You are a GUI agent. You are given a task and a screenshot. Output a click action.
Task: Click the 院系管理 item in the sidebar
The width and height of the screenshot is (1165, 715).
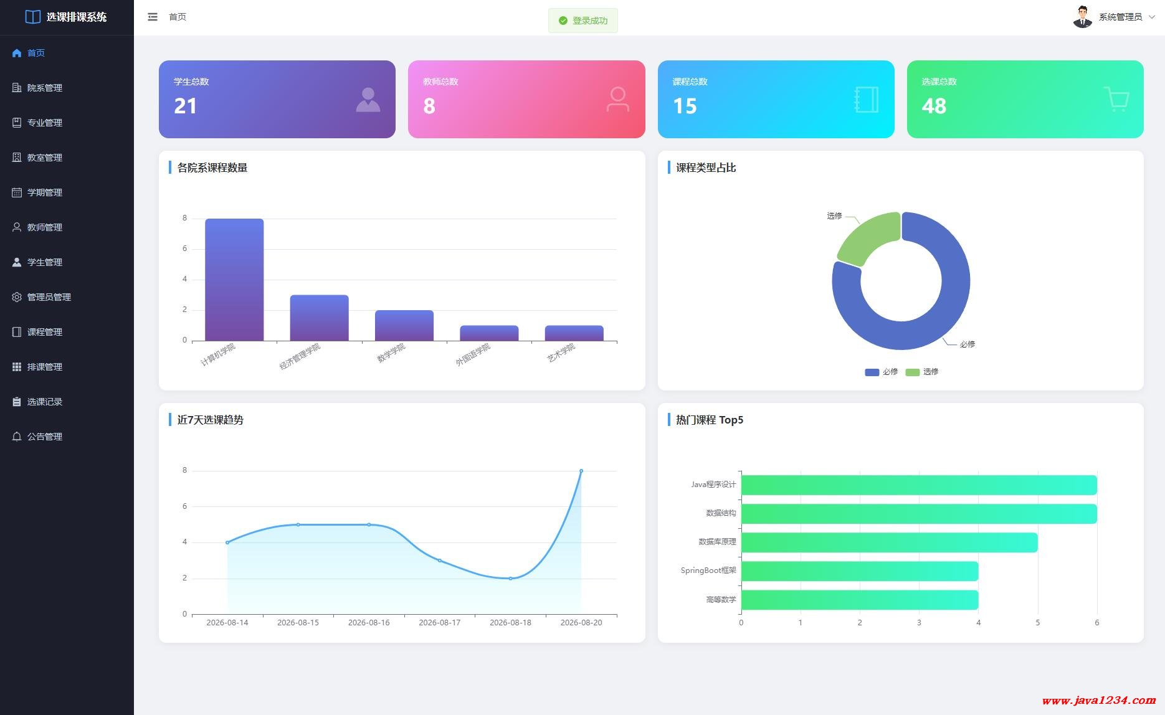37,88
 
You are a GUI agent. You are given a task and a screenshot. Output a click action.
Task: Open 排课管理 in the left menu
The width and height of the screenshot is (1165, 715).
37,367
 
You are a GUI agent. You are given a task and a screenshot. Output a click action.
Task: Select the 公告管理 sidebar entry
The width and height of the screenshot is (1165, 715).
37,437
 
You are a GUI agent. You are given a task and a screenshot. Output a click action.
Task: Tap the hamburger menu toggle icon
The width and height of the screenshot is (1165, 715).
153,17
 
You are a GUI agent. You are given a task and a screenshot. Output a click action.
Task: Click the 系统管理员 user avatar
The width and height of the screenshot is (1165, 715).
1083,17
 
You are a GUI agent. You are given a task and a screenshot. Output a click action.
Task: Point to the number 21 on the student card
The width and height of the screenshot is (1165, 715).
185,106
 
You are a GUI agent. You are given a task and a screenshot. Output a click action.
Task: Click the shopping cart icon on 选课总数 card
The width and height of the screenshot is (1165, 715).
1116,99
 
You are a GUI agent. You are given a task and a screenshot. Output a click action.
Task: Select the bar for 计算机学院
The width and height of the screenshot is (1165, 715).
234,280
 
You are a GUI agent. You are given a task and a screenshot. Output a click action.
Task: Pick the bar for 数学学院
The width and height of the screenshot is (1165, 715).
404,325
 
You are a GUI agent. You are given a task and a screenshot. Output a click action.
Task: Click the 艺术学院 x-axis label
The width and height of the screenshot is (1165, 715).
561,353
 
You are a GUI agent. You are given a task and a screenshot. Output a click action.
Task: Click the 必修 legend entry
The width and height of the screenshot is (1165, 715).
882,372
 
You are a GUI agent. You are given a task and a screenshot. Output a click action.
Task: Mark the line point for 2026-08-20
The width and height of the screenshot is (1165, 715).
581,471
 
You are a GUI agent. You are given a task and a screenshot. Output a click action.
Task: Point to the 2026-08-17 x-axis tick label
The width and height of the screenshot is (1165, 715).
440,623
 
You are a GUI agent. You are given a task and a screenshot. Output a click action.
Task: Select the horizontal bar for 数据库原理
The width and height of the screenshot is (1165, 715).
889,542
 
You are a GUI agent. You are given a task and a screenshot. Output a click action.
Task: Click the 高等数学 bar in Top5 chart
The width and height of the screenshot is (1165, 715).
860,600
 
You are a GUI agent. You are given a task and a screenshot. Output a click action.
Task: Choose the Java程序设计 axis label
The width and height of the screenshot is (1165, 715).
713,485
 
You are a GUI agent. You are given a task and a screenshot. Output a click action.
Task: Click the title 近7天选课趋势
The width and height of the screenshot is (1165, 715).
211,420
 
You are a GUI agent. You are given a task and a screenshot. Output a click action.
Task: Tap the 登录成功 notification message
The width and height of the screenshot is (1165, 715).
583,21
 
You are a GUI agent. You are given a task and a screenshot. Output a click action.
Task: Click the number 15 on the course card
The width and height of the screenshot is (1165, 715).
685,106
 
